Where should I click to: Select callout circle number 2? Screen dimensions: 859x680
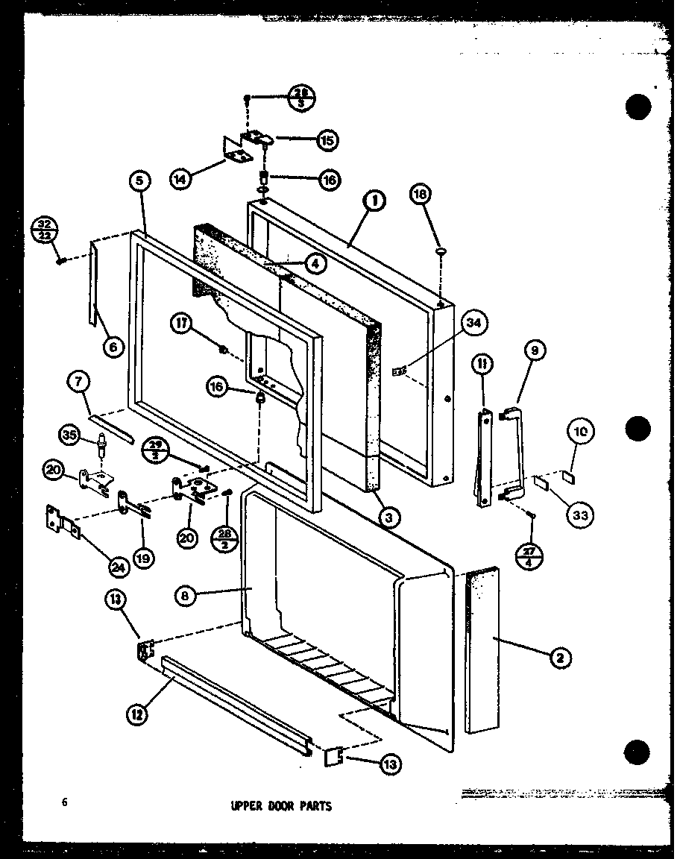(x=562, y=657)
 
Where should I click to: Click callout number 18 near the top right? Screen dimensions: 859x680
(x=421, y=194)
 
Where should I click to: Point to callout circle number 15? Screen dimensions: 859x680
(x=326, y=139)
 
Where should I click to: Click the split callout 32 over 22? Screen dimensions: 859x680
(x=44, y=229)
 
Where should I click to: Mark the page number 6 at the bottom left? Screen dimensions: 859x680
(x=66, y=802)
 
